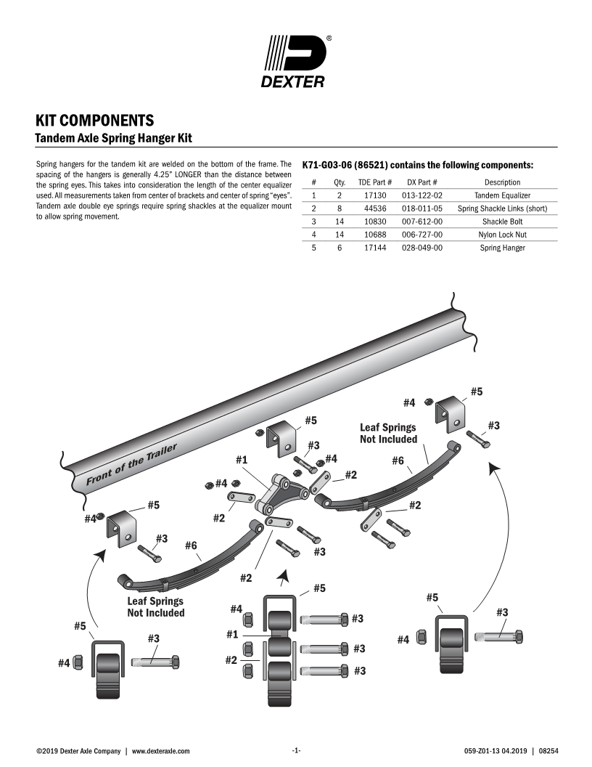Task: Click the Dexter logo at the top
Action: point(295,61)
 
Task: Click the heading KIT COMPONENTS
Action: point(94,120)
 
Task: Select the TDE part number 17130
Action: point(375,195)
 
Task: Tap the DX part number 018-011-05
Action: point(422,208)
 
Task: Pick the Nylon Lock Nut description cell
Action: point(502,235)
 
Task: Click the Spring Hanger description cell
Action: point(502,248)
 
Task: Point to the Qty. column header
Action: point(339,182)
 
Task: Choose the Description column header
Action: point(502,182)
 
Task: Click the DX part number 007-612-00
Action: point(422,222)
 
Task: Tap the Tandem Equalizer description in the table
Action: point(502,195)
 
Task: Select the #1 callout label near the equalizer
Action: point(242,460)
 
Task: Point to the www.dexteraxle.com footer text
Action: point(160,750)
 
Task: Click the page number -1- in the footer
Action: point(296,750)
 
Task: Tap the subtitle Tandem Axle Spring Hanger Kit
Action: point(114,137)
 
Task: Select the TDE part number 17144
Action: point(375,248)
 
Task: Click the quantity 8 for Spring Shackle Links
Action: point(339,208)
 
